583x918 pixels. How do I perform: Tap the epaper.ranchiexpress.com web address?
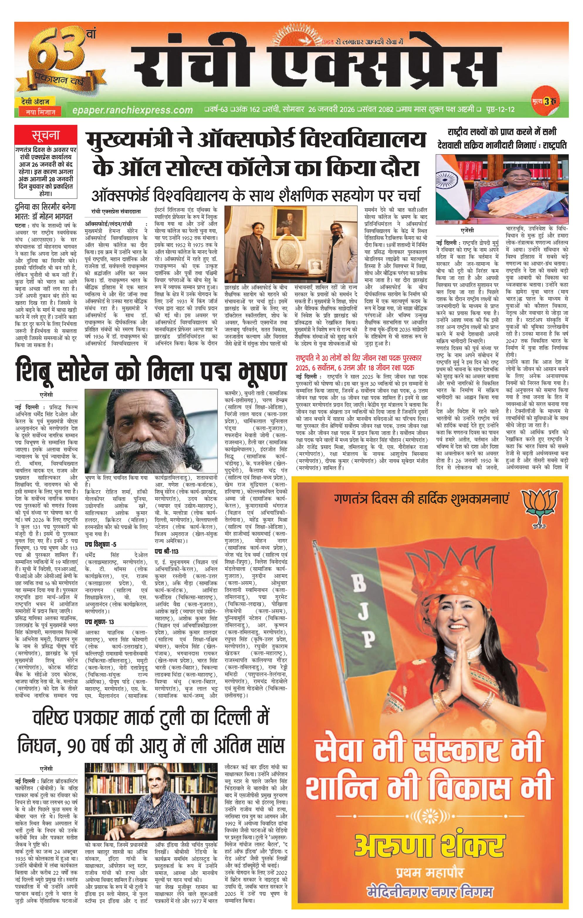tap(132, 110)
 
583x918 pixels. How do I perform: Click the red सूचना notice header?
tap(46, 135)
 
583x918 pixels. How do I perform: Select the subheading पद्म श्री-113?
tap(166, 551)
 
